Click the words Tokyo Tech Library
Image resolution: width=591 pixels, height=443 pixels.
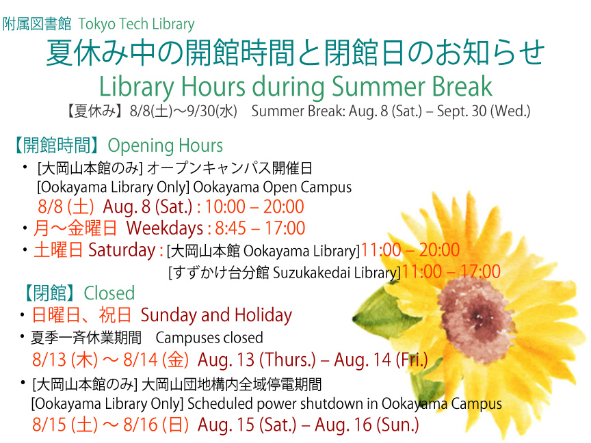click(x=136, y=25)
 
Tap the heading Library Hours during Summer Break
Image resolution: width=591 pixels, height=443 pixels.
click(x=295, y=86)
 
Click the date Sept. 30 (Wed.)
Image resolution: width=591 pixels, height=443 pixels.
click(x=484, y=111)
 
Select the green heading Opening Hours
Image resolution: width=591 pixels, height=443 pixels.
click(x=166, y=146)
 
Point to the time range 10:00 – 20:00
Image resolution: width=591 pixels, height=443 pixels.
click(x=254, y=206)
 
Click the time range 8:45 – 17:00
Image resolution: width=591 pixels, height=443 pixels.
click(x=260, y=228)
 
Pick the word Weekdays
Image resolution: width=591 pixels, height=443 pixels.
click(x=165, y=228)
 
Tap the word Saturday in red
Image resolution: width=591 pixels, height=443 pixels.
click(x=122, y=250)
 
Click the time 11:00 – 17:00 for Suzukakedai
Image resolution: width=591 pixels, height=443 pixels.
click(x=451, y=271)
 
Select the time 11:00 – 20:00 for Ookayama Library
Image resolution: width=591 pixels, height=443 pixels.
click(x=410, y=250)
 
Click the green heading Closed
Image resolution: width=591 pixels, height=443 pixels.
click(x=109, y=293)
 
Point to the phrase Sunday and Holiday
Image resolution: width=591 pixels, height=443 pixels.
click(x=216, y=315)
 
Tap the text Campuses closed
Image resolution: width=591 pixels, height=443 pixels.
click(x=209, y=338)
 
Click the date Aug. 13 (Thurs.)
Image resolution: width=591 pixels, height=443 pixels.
click(x=257, y=360)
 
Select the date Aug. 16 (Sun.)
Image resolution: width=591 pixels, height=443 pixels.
click(x=367, y=425)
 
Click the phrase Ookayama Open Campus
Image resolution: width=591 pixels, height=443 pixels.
click(x=272, y=187)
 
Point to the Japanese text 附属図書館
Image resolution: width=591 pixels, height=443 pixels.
click(x=37, y=25)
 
